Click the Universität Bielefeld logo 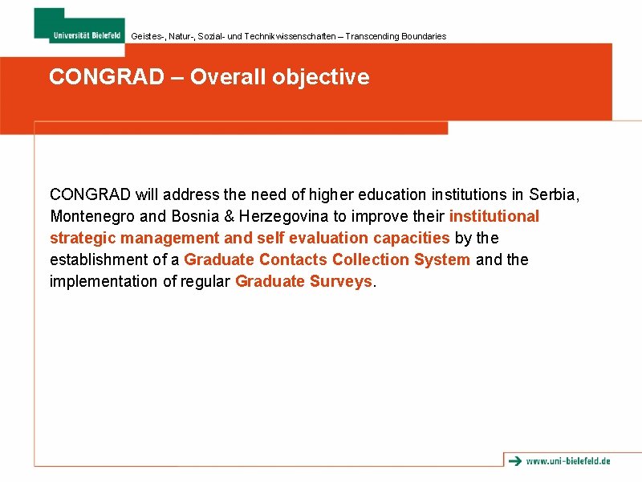(x=79, y=24)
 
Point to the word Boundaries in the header (x=423, y=36)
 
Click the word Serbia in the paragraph (x=554, y=194)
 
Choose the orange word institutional (x=494, y=216)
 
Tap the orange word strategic (x=79, y=238)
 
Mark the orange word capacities (x=411, y=238)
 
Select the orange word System (x=442, y=259)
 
